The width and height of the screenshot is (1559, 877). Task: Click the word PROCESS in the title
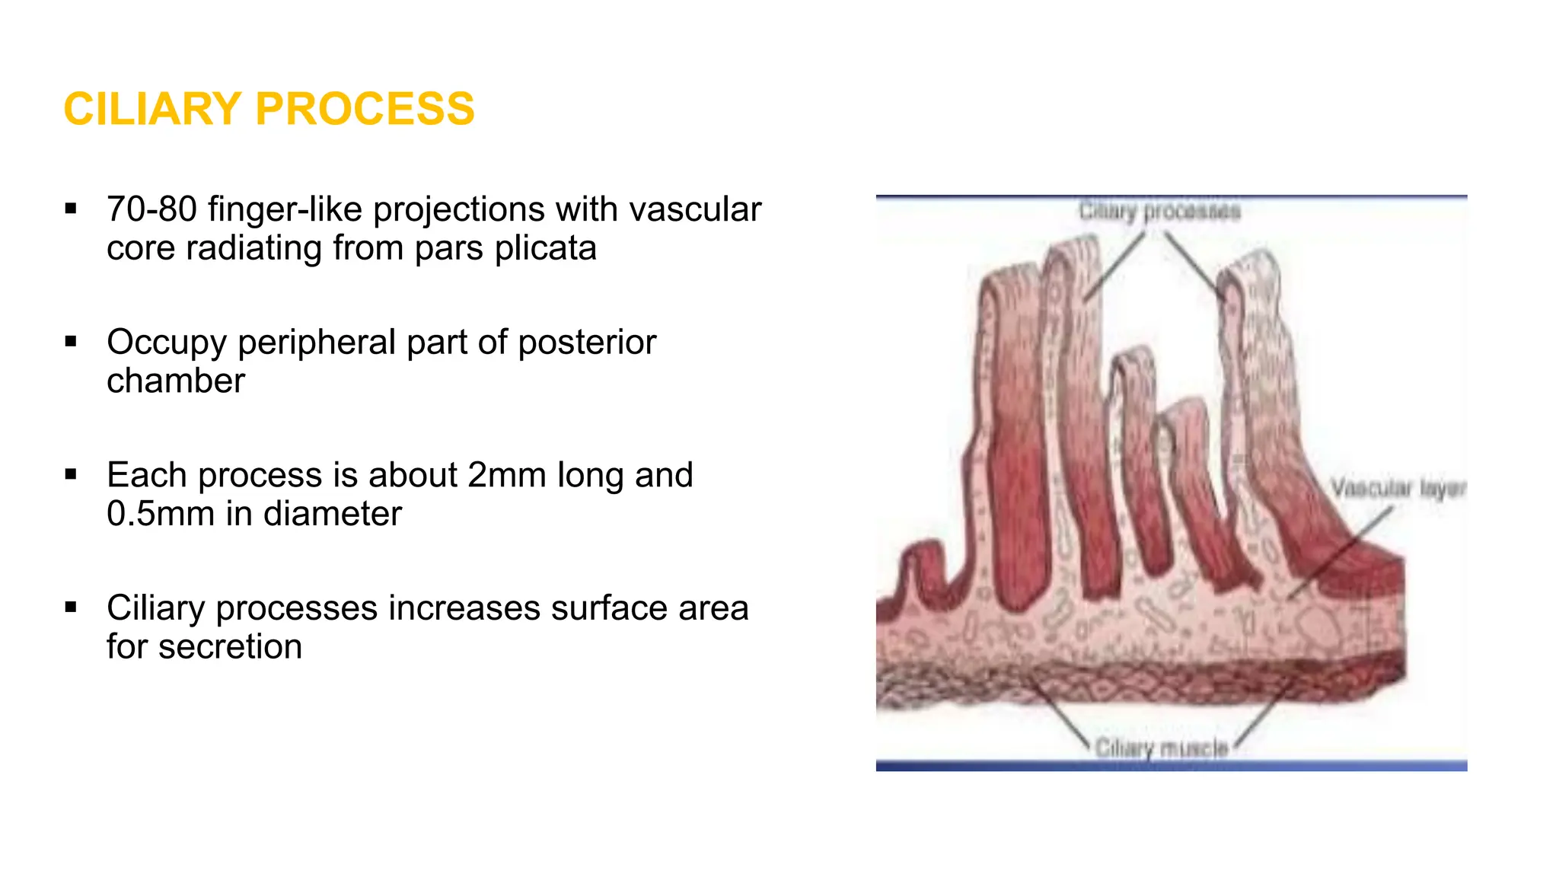(365, 109)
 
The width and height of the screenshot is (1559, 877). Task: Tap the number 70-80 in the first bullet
(151, 209)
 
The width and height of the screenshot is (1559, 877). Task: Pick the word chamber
(176, 381)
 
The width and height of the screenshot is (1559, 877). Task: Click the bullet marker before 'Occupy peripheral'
(71, 342)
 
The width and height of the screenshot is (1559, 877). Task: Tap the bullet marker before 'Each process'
(71, 475)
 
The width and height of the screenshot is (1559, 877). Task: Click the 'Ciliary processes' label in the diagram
(1159, 212)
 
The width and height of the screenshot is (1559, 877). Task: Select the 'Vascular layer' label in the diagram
(1398, 487)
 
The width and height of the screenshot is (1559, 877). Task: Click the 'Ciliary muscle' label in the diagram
(1162, 748)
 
